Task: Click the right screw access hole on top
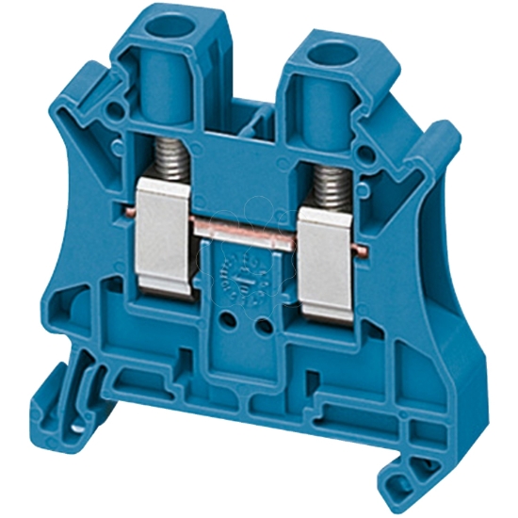(x=333, y=46)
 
